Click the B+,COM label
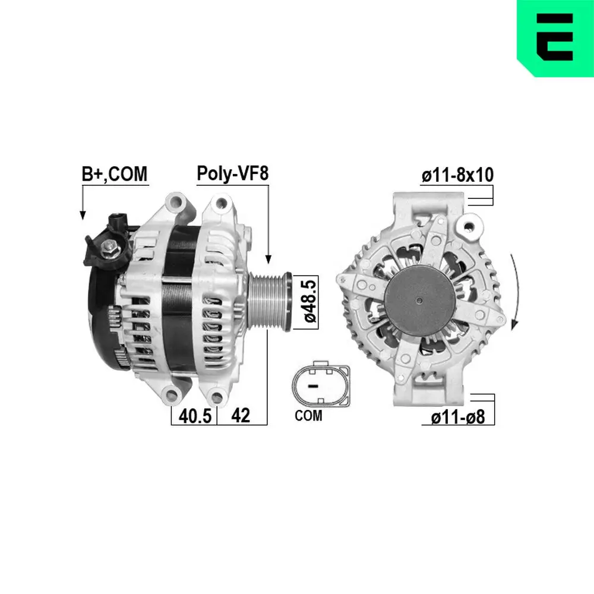(x=113, y=174)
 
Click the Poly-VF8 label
(x=233, y=174)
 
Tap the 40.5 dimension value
(x=195, y=416)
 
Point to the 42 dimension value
(x=240, y=416)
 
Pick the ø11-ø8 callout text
(x=457, y=418)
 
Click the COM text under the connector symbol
(x=308, y=416)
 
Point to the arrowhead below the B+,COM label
(x=83, y=215)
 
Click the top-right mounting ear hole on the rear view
(x=471, y=226)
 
